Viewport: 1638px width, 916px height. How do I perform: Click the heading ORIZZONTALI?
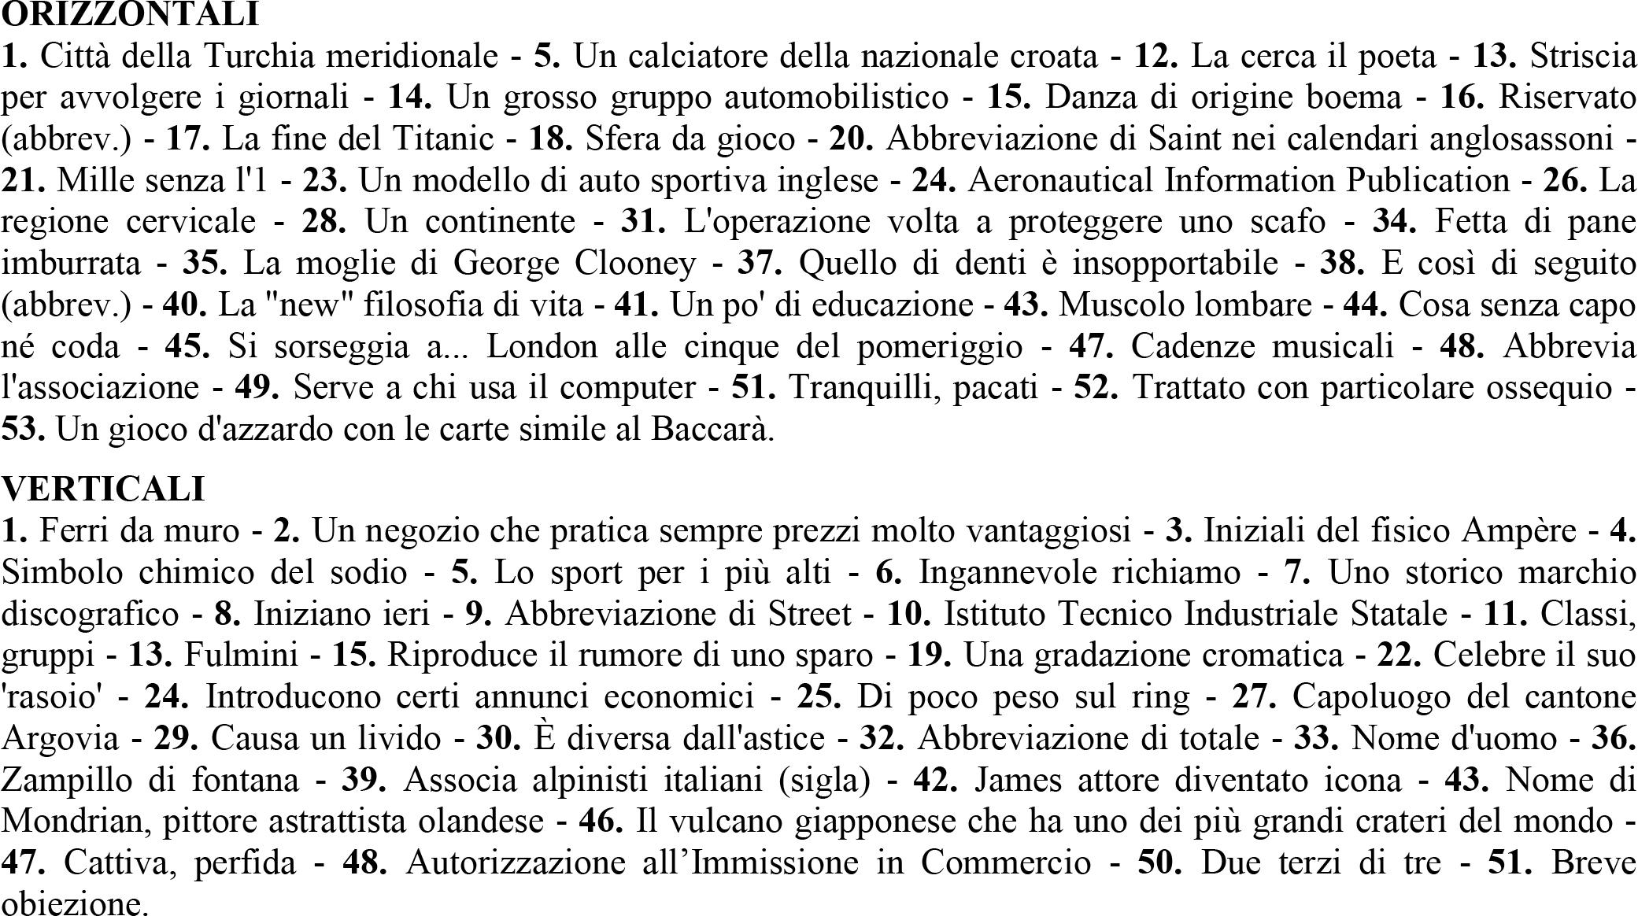pyautogui.click(x=130, y=13)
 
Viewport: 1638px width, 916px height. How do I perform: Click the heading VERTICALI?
pyautogui.click(x=103, y=489)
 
